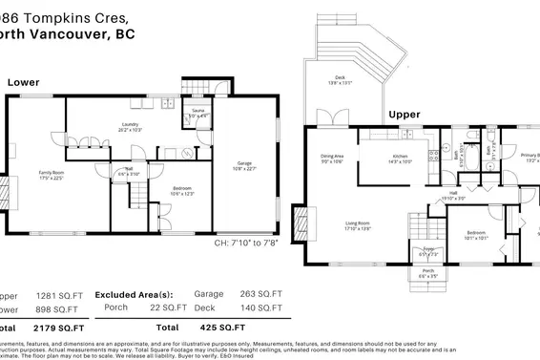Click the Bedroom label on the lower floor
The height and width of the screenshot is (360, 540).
click(182, 191)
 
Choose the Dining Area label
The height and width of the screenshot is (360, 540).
click(331, 159)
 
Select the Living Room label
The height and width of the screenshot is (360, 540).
click(358, 225)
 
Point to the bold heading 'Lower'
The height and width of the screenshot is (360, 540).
click(23, 83)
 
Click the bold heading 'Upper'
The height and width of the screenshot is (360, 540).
click(404, 115)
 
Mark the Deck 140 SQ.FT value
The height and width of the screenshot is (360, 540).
click(262, 307)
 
